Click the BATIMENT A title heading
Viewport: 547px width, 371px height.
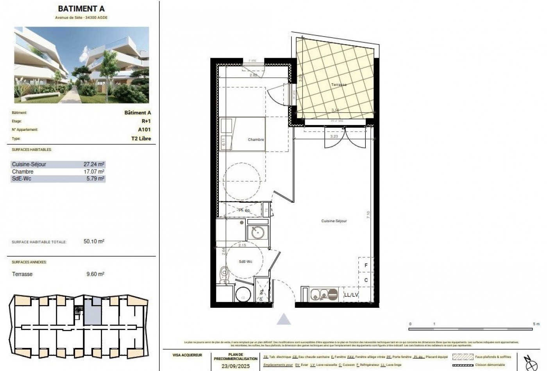tap(81, 9)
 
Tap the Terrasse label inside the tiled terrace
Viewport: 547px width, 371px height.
tap(338, 85)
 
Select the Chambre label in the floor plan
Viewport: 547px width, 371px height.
tap(256, 139)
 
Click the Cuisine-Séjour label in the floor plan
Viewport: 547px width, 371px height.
tap(334, 221)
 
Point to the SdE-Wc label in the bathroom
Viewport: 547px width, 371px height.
tap(245, 262)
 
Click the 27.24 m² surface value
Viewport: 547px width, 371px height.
tap(94, 164)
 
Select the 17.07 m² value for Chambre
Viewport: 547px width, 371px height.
tap(94, 172)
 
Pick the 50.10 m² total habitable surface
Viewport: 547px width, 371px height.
tap(94, 242)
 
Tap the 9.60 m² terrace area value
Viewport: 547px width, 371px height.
tap(95, 274)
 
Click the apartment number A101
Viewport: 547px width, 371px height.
tap(144, 130)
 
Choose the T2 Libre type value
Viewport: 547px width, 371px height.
tap(141, 139)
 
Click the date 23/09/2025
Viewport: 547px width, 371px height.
tap(236, 366)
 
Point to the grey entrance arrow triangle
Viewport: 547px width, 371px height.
tap(284, 319)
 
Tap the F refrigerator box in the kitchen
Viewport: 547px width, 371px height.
tap(366, 266)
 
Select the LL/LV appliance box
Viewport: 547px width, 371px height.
tap(351, 295)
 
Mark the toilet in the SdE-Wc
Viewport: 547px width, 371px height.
tap(224, 273)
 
